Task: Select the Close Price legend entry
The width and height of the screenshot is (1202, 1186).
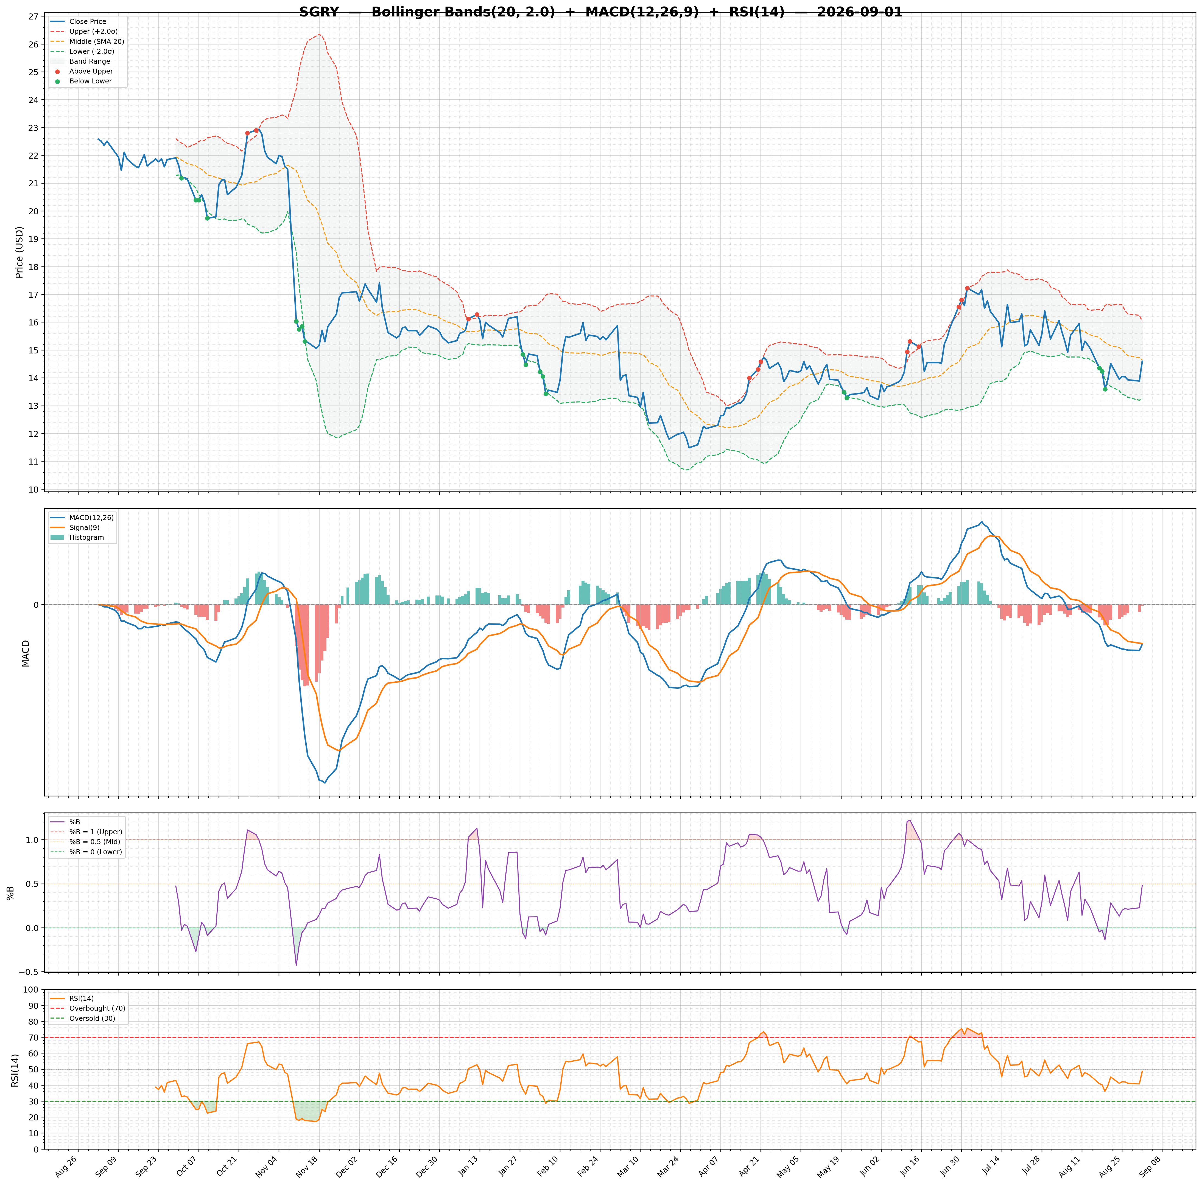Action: [88, 22]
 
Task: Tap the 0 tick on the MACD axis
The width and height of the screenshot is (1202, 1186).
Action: [35, 605]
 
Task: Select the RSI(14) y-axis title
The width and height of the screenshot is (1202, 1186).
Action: [15, 1070]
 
